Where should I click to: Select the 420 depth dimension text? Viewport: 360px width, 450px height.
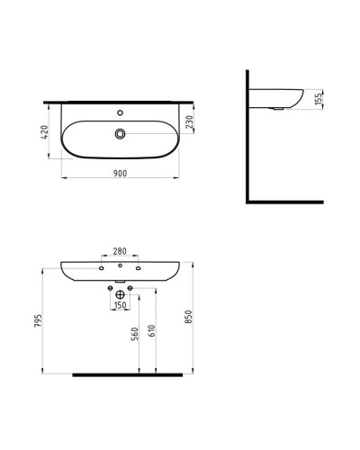click(42, 134)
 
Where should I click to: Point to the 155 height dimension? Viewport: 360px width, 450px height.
click(319, 100)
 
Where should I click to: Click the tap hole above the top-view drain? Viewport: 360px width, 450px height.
click(119, 113)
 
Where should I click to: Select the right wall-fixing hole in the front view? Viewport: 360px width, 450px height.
click(139, 267)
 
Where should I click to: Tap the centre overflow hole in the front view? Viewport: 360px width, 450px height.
click(119, 267)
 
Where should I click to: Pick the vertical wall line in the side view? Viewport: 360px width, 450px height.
click(247, 135)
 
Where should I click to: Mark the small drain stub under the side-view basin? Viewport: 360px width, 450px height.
click(279, 108)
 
